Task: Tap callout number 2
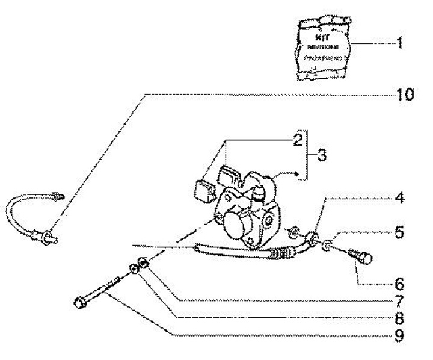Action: pos(296,141)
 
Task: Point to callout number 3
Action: pos(322,155)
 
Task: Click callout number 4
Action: pos(399,198)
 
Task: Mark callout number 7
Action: pos(399,299)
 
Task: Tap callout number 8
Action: pos(399,316)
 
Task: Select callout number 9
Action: pos(399,334)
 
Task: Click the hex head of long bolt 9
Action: pos(79,302)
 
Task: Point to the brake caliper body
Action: pos(247,214)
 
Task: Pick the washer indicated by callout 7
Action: pos(144,262)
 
